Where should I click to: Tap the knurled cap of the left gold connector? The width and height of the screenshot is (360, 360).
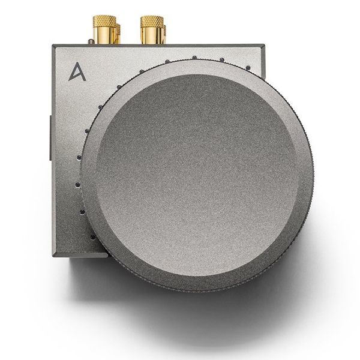[103, 22]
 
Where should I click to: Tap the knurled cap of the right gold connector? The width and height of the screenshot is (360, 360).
[151, 22]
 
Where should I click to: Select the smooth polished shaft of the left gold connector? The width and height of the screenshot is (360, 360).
[103, 37]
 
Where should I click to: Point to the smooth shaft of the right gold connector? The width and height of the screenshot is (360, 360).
[151, 37]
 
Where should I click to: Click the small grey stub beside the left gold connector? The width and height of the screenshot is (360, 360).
[90, 41]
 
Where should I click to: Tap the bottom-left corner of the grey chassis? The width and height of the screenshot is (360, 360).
[53, 254]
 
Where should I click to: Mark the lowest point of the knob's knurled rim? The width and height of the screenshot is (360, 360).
[198, 292]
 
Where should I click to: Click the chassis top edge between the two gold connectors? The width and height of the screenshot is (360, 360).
[127, 45]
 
